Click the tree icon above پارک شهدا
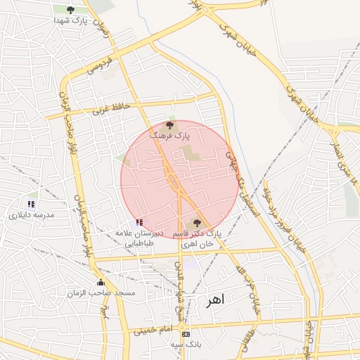[x=70, y=9]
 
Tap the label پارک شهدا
[x=70, y=20]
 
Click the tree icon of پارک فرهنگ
[x=169, y=124]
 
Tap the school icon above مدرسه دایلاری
[x=31, y=204]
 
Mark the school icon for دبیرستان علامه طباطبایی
[x=139, y=222]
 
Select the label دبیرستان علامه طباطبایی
[x=146, y=237]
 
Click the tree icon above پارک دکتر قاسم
[x=196, y=222]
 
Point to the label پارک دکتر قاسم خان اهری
[x=201, y=238]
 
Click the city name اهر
[x=214, y=300]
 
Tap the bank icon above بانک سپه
[x=186, y=334]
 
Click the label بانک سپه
[x=186, y=345]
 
